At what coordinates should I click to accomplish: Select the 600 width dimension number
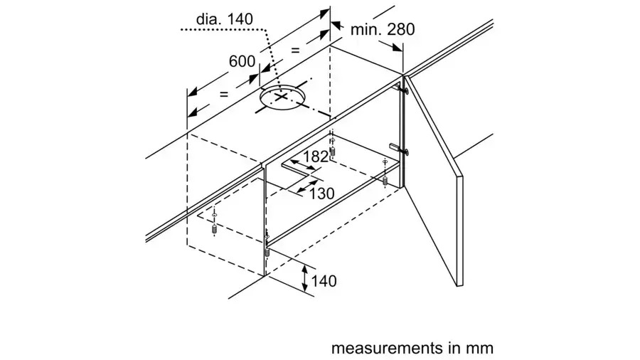point(242,61)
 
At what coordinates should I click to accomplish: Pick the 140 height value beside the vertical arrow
point(323,281)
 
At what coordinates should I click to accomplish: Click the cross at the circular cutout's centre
point(282,97)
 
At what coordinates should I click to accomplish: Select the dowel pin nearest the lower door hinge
point(385,181)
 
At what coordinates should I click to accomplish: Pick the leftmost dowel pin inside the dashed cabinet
point(214,231)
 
